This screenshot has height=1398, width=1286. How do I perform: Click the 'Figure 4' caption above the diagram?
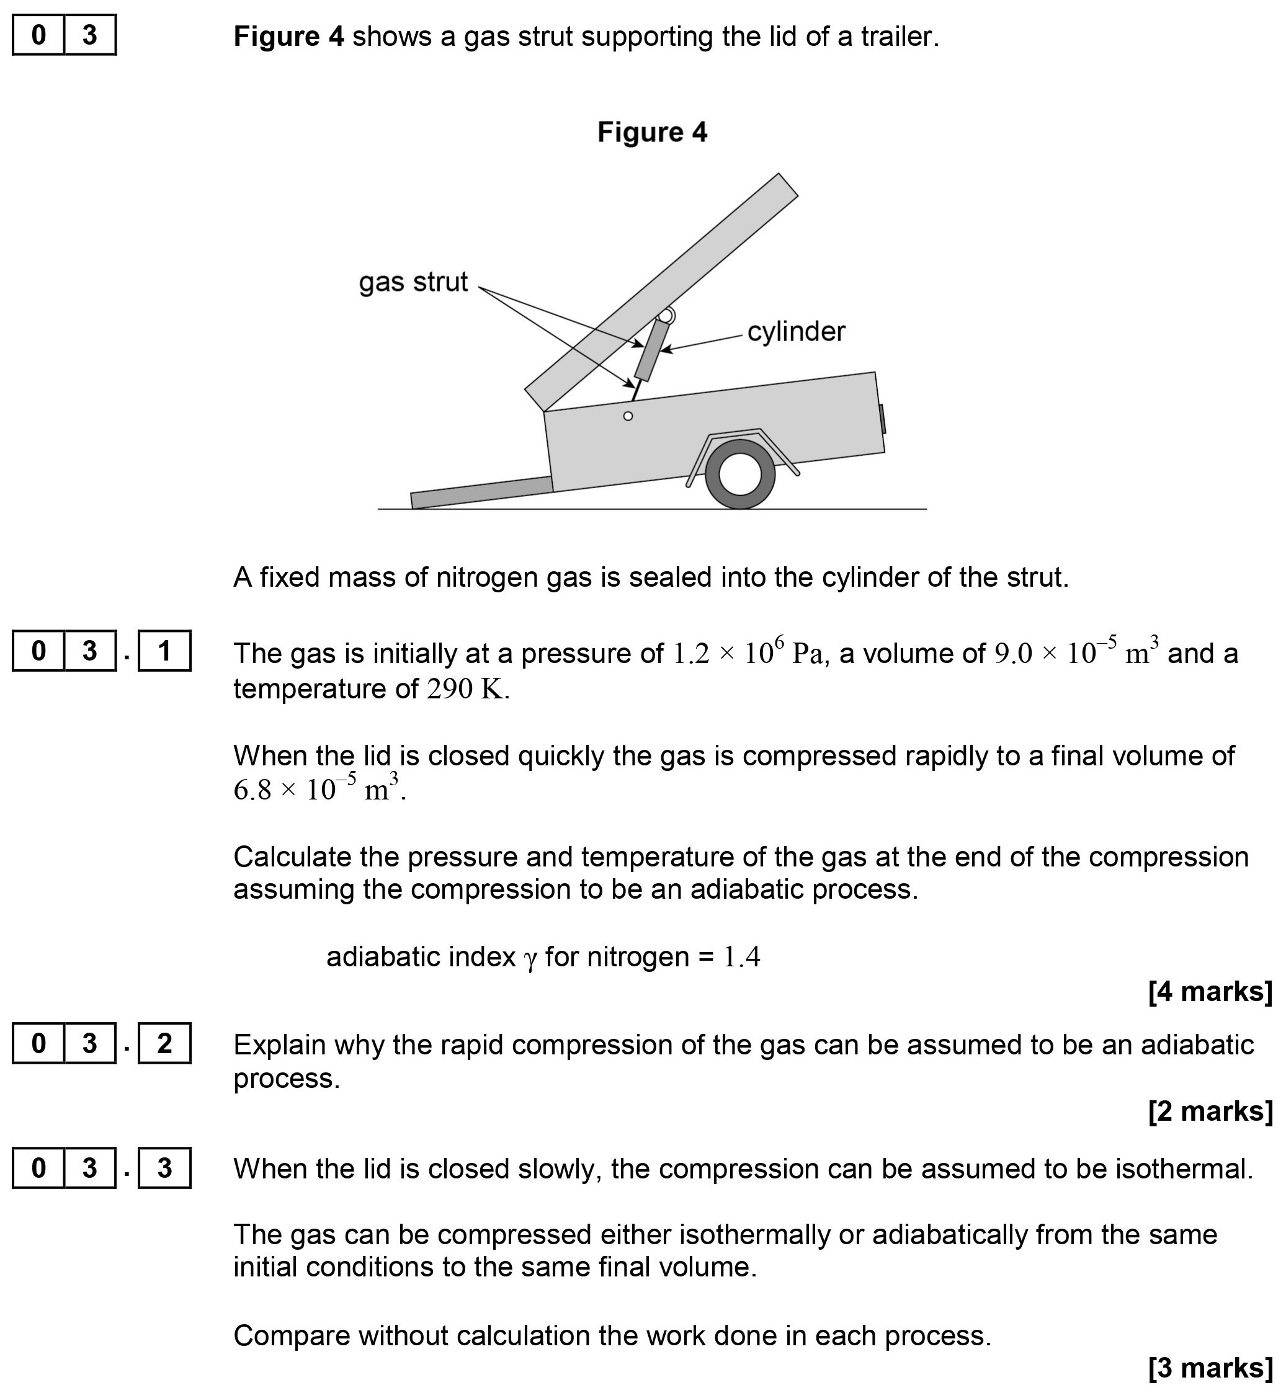pyautogui.click(x=652, y=132)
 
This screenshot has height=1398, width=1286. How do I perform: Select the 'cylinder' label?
pyautogui.click(x=795, y=332)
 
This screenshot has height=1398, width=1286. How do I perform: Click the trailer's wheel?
pyautogui.click(x=739, y=474)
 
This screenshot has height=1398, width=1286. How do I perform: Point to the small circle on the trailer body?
pyautogui.click(x=628, y=416)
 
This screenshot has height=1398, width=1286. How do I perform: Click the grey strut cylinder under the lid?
pyautogui.click(x=652, y=350)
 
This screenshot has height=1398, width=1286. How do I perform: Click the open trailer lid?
pyautogui.click(x=661, y=292)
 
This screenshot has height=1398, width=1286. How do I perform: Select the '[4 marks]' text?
pyautogui.click(x=1210, y=992)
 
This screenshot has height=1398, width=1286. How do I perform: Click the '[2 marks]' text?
pyautogui.click(x=1210, y=1111)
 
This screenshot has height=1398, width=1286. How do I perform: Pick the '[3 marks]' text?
pyautogui.click(x=1210, y=1368)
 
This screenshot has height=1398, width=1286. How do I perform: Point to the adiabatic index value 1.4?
pyautogui.click(x=742, y=958)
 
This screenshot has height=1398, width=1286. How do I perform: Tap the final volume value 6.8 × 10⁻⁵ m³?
pyautogui.click(x=318, y=789)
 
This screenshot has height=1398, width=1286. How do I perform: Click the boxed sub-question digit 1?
pyautogui.click(x=164, y=651)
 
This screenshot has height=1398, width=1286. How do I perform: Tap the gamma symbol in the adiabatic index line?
pyautogui.click(x=530, y=959)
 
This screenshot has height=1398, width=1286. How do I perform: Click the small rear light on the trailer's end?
pyautogui.click(x=882, y=418)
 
